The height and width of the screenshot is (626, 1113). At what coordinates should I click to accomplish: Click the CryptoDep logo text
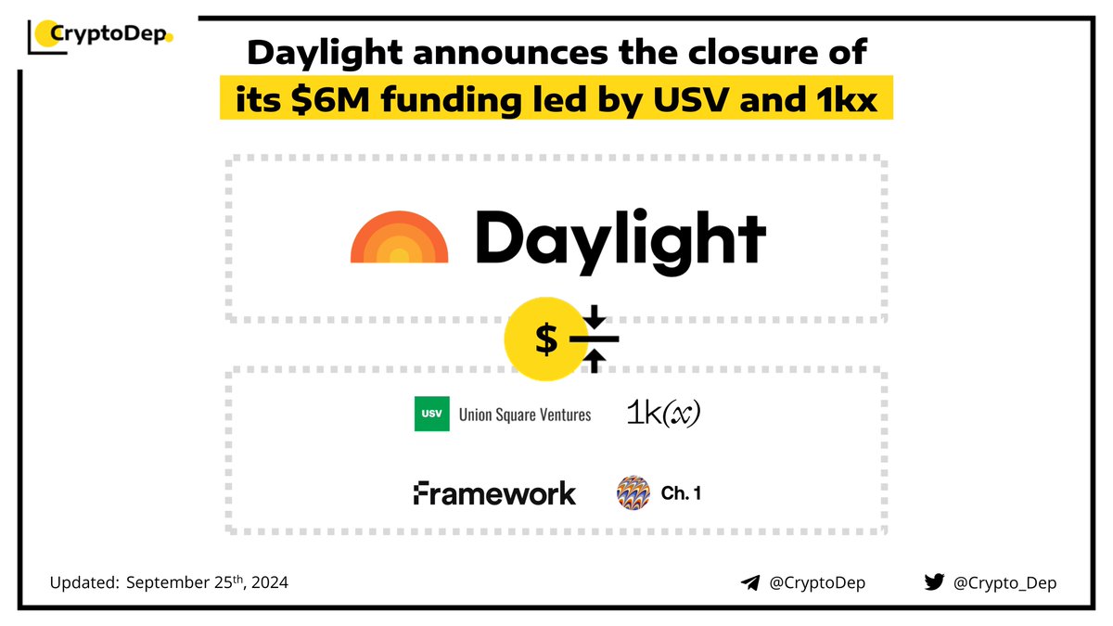pos(109,36)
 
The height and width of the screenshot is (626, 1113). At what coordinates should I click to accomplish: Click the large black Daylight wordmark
pos(620,236)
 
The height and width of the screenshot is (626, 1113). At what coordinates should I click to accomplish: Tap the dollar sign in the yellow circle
pos(546,341)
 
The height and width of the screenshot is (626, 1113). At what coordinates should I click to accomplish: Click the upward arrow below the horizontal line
pos(595,363)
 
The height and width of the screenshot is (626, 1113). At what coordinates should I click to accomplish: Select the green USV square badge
pos(431,414)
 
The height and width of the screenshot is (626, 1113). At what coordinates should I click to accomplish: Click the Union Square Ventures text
pos(525,415)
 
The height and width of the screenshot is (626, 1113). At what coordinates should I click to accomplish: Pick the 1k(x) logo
pos(662,414)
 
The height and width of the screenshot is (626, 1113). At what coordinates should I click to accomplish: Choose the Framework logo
pos(494,493)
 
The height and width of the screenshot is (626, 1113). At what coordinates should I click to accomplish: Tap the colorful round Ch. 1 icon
pos(633,493)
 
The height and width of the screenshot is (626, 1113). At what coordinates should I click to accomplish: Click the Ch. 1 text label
pos(680,493)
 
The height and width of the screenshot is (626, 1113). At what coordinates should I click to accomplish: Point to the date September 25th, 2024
pos(206,582)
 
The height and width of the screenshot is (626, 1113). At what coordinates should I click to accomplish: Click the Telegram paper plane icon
pos(750,582)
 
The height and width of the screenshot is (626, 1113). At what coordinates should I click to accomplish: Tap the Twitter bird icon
pos(934,582)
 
